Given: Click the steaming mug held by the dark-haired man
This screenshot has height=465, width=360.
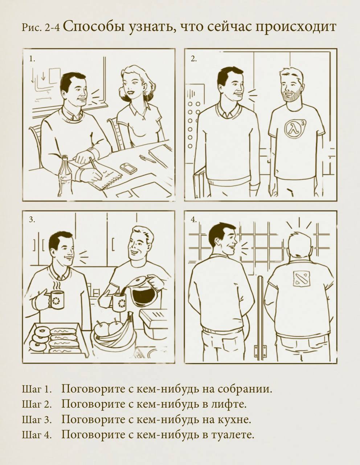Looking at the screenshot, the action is tap(56, 300).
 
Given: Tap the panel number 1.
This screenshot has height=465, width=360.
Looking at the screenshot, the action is tap(32, 59).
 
